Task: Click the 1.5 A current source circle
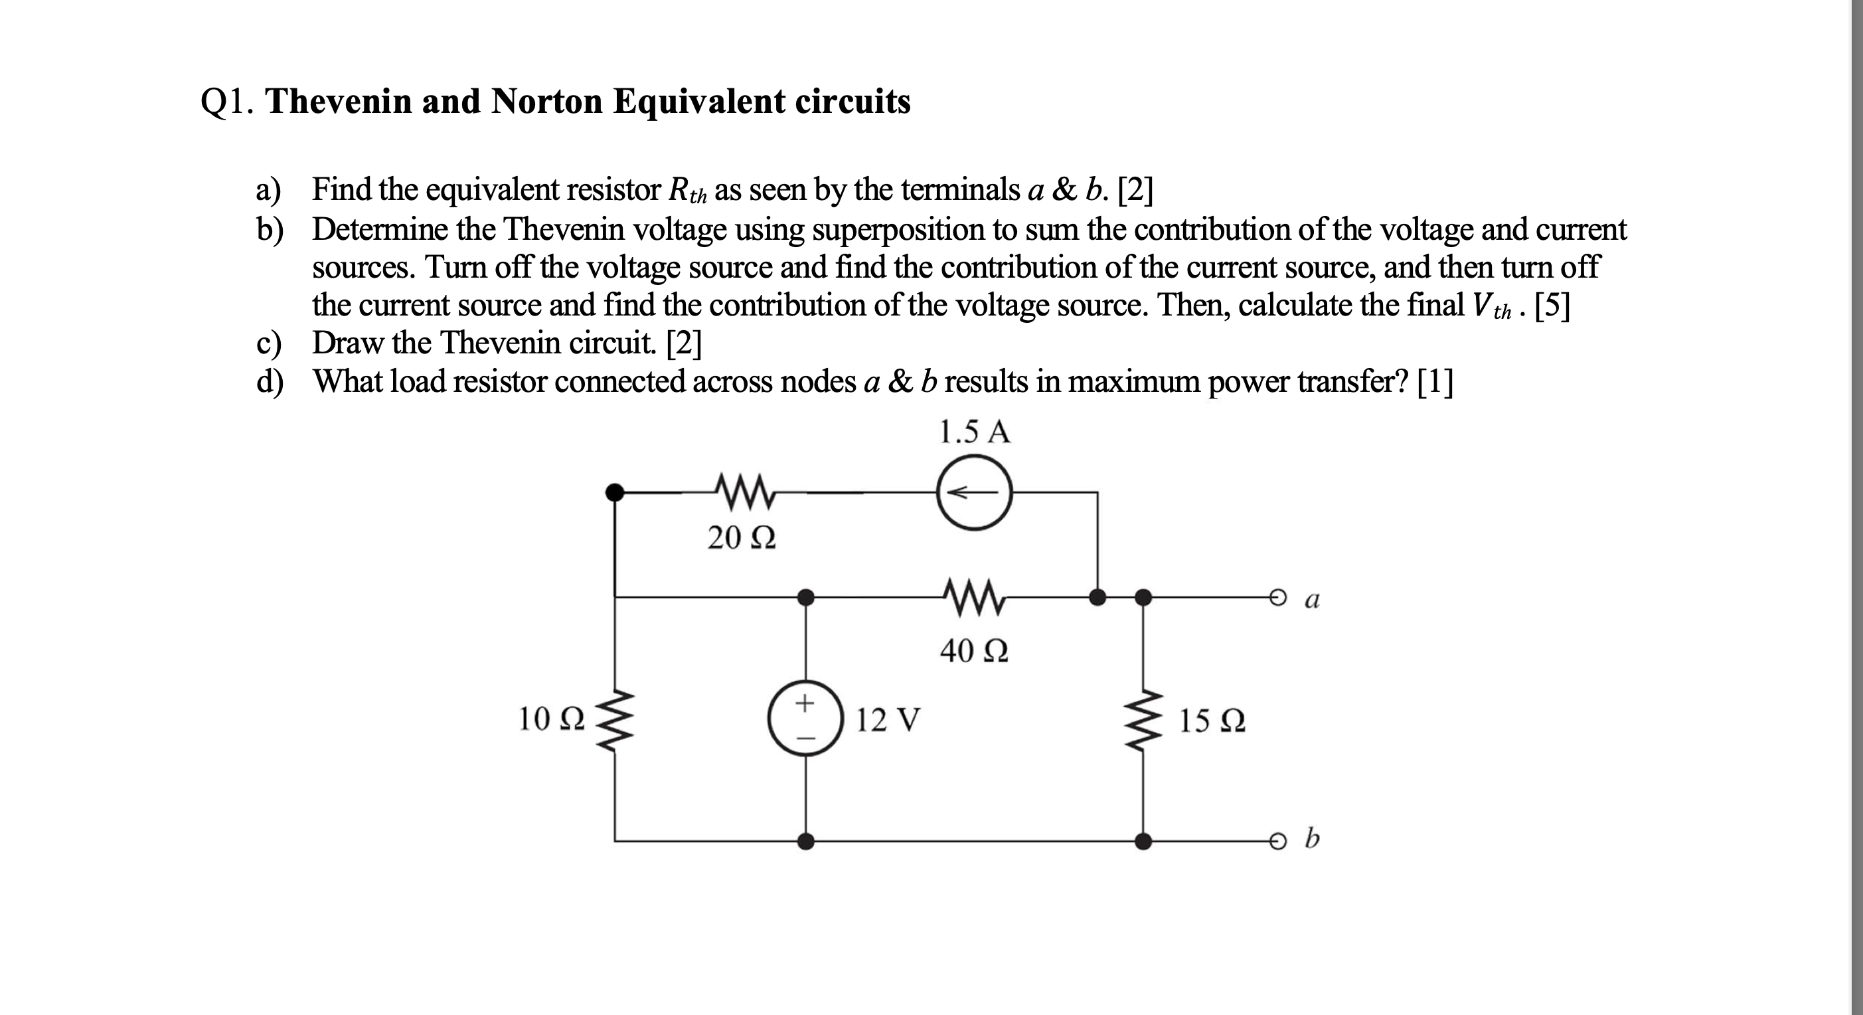pyautogui.click(x=974, y=493)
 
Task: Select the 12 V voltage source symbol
pyautogui.click(x=805, y=718)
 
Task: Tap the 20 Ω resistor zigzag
pyautogui.click(x=744, y=492)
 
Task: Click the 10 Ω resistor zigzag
pyautogui.click(x=615, y=721)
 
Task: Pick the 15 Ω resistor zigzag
pyautogui.click(x=1143, y=721)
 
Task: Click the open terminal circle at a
pyautogui.click(x=1278, y=598)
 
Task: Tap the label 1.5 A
pyautogui.click(x=973, y=432)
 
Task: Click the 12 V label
pyautogui.click(x=888, y=720)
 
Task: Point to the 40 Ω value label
pyautogui.click(x=973, y=651)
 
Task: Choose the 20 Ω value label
pyautogui.click(x=742, y=537)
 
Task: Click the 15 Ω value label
pyautogui.click(x=1212, y=721)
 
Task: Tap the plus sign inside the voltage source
pyautogui.click(x=805, y=701)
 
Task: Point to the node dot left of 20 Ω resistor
pyautogui.click(x=614, y=493)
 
